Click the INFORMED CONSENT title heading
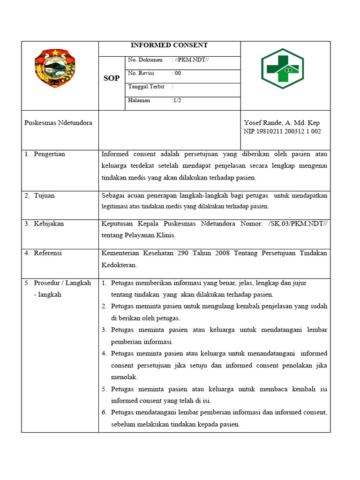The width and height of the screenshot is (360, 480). (x=169, y=45)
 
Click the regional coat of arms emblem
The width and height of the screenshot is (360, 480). (x=54, y=69)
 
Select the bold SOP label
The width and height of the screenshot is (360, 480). (x=112, y=78)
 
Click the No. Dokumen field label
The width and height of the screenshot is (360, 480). (x=145, y=60)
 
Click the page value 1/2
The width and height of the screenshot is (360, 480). (x=177, y=101)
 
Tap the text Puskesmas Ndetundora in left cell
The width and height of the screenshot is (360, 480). (x=58, y=123)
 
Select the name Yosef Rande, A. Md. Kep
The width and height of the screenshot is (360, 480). (x=282, y=123)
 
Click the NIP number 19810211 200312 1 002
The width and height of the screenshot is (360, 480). (x=282, y=132)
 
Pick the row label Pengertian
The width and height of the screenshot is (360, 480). (x=49, y=154)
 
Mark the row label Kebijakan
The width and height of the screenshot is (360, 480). (x=49, y=224)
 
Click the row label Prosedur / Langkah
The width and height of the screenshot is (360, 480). (x=62, y=283)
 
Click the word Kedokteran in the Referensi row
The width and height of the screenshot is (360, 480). (x=119, y=265)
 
